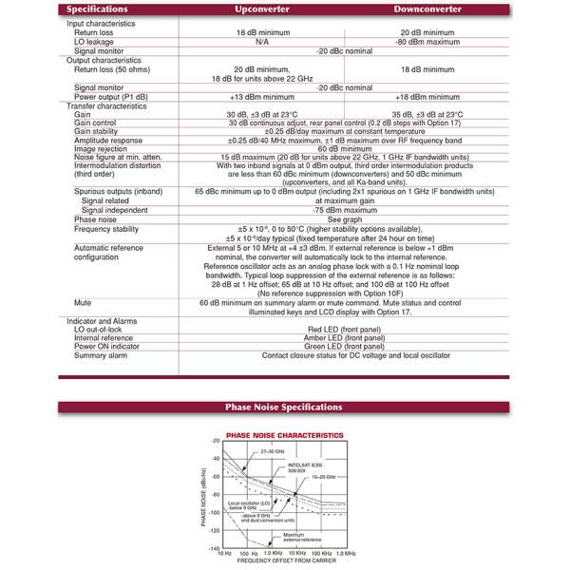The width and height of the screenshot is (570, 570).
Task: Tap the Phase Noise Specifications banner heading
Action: [285, 407]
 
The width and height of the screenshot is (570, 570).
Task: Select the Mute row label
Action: [83, 301]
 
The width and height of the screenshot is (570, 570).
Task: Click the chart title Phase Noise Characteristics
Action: [286, 433]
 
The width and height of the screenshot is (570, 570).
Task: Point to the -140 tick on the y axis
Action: [215, 549]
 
